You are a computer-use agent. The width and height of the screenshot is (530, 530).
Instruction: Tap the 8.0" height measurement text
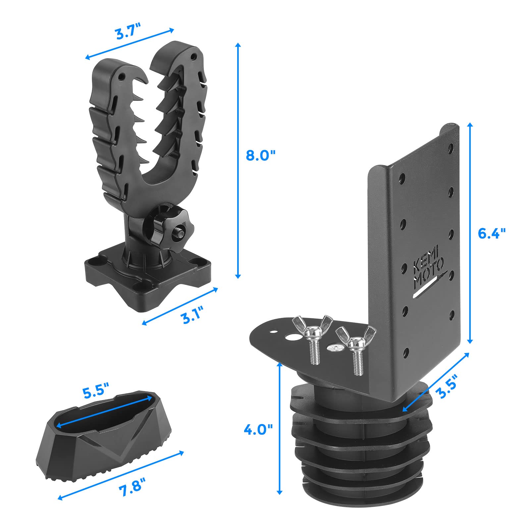(x=261, y=155)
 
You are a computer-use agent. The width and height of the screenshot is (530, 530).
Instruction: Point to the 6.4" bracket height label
(x=492, y=233)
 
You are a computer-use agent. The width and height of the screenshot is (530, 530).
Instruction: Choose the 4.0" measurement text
(x=258, y=430)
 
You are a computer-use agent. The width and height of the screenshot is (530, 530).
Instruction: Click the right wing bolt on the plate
(x=356, y=348)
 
